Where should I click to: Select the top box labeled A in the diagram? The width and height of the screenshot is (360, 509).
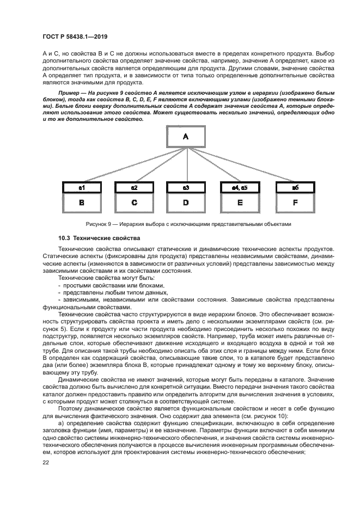186,137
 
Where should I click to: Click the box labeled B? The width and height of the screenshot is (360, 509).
82,203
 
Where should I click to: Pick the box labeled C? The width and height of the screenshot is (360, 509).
134,203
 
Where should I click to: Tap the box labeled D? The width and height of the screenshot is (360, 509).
186,203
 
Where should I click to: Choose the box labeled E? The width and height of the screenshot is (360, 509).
238,203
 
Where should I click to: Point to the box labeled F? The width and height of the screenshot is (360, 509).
295,203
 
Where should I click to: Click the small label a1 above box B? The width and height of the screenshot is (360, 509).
82,187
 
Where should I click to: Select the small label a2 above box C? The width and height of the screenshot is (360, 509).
134,187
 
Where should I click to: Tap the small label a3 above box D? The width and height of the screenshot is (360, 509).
186,187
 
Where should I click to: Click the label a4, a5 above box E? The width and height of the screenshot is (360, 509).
238,187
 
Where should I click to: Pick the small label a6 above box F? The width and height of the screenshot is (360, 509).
295,187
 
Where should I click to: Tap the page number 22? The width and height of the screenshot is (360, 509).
46,462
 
